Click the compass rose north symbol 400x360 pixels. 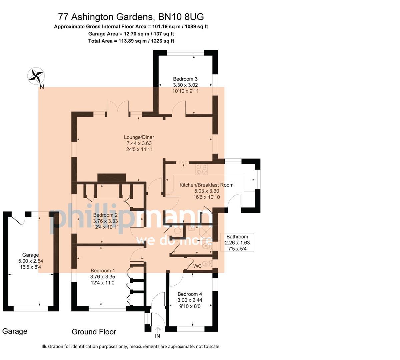click(36, 76)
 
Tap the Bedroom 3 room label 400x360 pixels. click(185, 79)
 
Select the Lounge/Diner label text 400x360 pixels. click(139, 137)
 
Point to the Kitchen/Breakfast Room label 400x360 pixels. click(206, 185)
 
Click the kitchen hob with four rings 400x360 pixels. click(201, 169)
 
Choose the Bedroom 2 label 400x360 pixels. click(105, 215)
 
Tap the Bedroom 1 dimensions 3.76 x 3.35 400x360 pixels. click(103, 276)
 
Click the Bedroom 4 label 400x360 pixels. click(190, 294)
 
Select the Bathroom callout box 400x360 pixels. click(237, 242)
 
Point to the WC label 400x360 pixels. click(197, 266)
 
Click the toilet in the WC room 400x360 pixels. click(208, 264)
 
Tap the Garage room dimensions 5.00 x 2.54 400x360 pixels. click(31, 261)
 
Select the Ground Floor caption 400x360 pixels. click(94, 332)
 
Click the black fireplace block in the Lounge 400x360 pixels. click(111, 178)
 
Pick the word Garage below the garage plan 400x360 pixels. click(15, 331)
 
